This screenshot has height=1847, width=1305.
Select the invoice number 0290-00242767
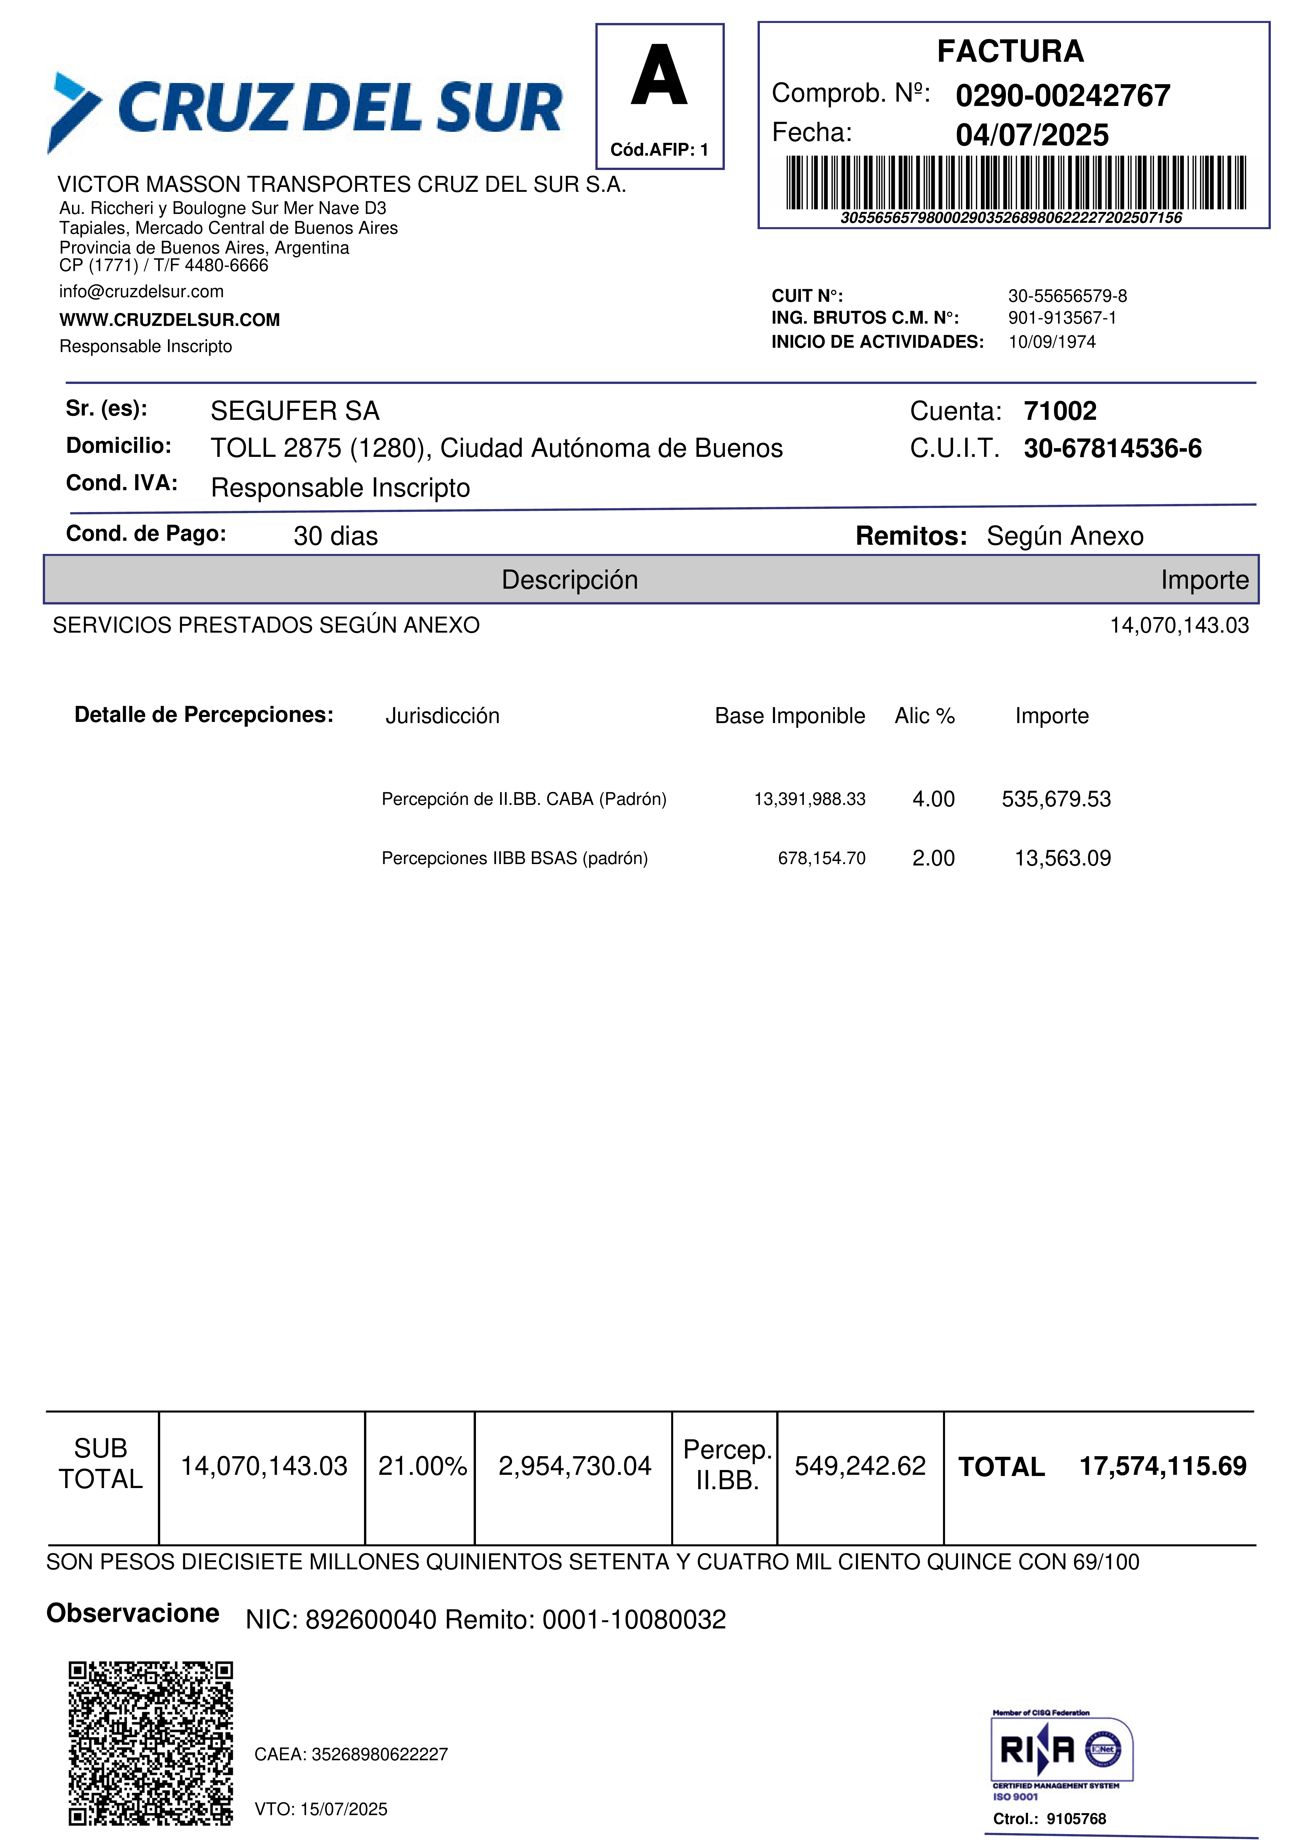click(x=1062, y=96)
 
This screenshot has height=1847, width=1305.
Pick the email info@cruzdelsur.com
click(x=142, y=291)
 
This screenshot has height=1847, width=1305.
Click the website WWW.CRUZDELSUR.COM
click(x=170, y=320)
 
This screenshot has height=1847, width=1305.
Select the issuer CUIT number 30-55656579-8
click(x=1067, y=296)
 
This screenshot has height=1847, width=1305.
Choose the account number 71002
click(x=1060, y=411)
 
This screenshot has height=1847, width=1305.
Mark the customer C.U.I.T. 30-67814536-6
click(x=1112, y=449)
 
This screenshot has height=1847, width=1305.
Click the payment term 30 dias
click(x=335, y=536)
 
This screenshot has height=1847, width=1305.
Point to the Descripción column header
click(x=569, y=580)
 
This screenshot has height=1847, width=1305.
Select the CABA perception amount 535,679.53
click(x=1056, y=799)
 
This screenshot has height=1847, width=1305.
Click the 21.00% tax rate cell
click(x=422, y=1466)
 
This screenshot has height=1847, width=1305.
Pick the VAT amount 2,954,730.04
click(x=574, y=1466)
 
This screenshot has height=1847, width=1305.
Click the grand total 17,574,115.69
click(x=1162, y=1466)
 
